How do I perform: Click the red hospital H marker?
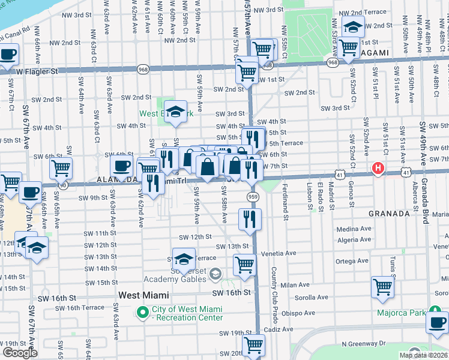coord(378,167)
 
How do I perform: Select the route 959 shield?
coord(253,196)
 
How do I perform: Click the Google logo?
coord(20,353)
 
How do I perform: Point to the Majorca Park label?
coord(401,313)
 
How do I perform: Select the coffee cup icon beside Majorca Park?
coord(437,322)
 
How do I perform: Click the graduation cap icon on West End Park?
coord(176,112)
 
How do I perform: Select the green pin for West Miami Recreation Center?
coord(142,311)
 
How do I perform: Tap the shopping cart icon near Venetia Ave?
coord(244,264)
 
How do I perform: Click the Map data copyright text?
coord(424,355)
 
